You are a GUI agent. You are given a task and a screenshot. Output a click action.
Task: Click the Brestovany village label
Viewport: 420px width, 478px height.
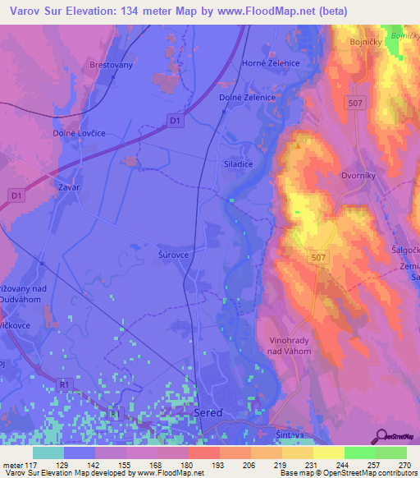coord(111,63)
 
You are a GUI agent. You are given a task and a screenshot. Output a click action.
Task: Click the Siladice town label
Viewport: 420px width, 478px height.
coord(239,163)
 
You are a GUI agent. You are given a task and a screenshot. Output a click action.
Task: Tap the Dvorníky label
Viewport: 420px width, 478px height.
coord(358,175)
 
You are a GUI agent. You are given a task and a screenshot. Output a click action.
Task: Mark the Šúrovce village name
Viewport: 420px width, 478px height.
coord(173,255)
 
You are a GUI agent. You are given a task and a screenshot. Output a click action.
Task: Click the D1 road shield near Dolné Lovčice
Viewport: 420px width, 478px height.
coord(174,120)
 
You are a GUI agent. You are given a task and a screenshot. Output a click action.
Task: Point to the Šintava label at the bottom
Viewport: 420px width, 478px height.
coord(281,432)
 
